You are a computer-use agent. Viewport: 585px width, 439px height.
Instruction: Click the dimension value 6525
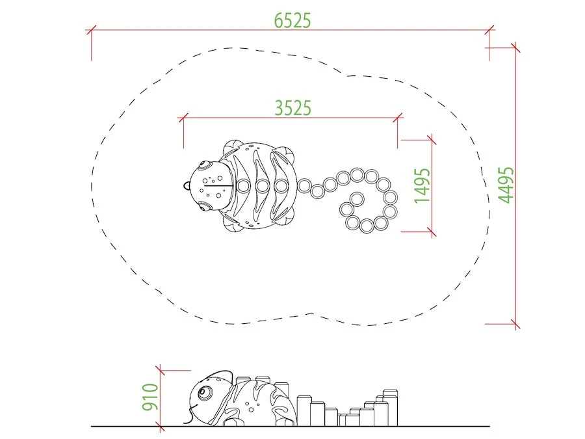(292, 21)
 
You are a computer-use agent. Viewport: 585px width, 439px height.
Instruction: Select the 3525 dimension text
(293, 108)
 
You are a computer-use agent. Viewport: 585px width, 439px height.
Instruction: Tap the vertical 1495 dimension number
(422, 185)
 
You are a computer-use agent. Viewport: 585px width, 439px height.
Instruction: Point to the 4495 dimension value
(506, 185)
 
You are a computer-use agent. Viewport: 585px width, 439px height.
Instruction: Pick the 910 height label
(150, 397)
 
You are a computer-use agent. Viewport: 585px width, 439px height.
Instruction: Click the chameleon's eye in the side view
(203, 392)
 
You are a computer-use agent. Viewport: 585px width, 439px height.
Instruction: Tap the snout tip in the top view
(185, 185)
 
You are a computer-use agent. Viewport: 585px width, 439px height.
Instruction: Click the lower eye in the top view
(203, 206)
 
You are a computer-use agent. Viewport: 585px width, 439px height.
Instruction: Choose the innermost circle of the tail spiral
(357, 198)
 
